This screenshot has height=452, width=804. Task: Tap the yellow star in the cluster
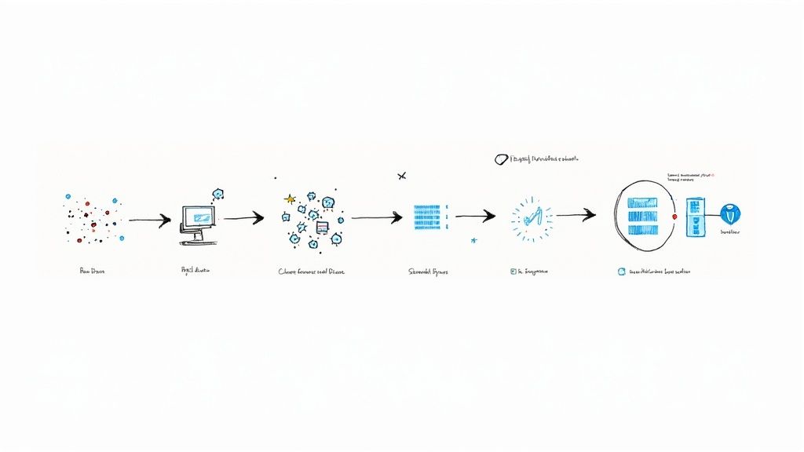(290, 199)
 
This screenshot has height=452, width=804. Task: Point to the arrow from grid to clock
(475, 215)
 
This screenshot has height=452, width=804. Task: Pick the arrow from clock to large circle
(576, 214)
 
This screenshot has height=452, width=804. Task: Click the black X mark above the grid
(402, 176)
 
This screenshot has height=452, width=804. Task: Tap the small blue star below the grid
(473, 240)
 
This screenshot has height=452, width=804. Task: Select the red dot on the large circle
(674, 215)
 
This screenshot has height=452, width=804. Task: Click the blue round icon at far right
(730, 213)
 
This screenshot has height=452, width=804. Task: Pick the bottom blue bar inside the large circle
(642, 230)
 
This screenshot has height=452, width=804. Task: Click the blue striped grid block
(427, 217)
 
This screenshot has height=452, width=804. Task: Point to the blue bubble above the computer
(218, 193)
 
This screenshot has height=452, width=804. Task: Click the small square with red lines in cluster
(321, 227)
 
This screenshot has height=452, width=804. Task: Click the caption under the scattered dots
(92, 272)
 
